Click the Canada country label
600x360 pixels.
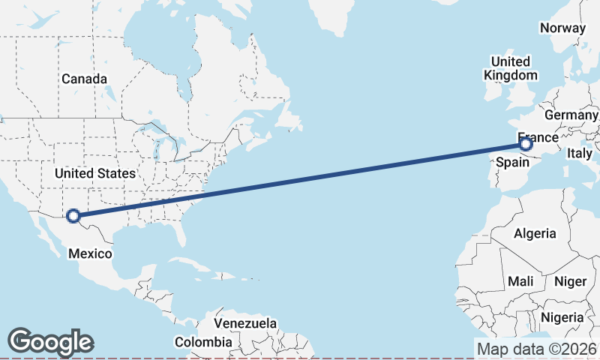pos(84,79)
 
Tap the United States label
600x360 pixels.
pos(94,173)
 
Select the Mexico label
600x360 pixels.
pos(90,253)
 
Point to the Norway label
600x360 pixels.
pos(562,28)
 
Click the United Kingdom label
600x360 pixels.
pos(511,68)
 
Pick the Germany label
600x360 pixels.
pos(571,115)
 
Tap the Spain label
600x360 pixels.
pos(512,161)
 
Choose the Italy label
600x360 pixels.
pos(579,153)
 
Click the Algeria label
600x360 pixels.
pos(535,233)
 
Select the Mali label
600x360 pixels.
pos(520,281)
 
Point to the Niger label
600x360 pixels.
pos(569,281)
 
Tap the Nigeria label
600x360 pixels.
pos(562,316)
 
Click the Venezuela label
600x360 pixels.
pos(245,323)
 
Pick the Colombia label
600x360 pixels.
pos(203,342)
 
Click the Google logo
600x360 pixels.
pos(50,342)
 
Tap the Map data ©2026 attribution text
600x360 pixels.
pos(537,349)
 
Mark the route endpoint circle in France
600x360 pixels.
pos(525,143)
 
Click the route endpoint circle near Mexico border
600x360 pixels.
pos(73,216)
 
